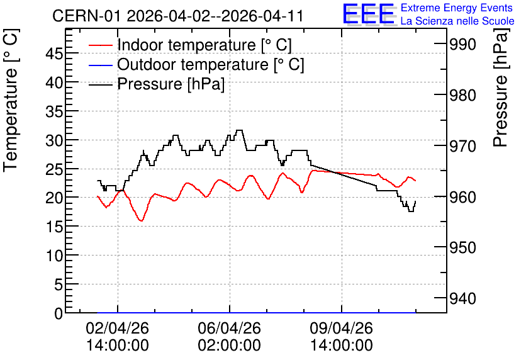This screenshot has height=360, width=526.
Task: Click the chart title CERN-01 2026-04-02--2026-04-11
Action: (x=178, y=16)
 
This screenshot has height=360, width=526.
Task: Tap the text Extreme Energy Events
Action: (x=457, y=8)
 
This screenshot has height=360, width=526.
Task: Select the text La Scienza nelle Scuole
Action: (x=457, y=21)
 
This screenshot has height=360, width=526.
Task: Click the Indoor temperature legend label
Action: (x=204, y=45)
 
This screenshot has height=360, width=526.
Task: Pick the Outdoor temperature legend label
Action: (x=211, y=64)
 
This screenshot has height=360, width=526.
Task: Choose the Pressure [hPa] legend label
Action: (x=171, y=84)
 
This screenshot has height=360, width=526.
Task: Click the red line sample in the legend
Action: (x=100, y=45)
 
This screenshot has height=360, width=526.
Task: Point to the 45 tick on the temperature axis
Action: (x=54, y=53)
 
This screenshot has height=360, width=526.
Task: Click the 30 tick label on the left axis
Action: (x=54, y=140)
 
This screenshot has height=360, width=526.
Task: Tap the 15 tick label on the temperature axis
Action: (x=54, y=227)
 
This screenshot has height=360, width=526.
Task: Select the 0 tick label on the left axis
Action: (x=59, y=313)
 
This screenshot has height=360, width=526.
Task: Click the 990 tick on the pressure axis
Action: (x=462, y=44)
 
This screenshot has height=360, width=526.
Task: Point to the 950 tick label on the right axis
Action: (x=462, y=247)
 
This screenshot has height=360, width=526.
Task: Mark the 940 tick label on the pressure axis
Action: (x=462, y=298)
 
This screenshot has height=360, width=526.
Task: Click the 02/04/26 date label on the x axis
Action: (x=118, y=328)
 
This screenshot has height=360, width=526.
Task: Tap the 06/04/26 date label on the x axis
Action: (x=230, y=328)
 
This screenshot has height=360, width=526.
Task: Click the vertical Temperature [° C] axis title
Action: (x=11, y=101)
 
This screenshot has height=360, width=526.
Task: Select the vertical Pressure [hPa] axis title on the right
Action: (x=500, y=87)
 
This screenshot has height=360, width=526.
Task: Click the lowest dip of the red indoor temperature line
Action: (x=141, y=221)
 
